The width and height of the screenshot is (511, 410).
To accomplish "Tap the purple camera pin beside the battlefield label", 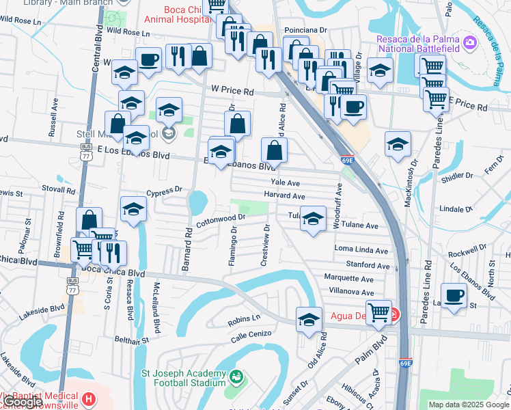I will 469,44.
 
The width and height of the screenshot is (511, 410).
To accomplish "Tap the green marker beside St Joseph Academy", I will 236,377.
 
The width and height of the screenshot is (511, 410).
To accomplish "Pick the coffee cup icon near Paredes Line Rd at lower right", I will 454,296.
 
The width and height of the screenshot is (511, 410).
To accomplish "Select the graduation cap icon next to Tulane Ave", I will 313,219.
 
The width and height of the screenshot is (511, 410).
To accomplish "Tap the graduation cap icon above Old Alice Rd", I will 309,319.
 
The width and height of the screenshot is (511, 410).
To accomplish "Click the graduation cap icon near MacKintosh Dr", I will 398,143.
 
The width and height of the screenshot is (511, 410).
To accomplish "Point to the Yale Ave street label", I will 285,182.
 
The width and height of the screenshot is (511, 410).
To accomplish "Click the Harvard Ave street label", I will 284,196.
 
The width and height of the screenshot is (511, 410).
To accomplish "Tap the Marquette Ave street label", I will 348,279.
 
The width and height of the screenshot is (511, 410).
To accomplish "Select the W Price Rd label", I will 232,90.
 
